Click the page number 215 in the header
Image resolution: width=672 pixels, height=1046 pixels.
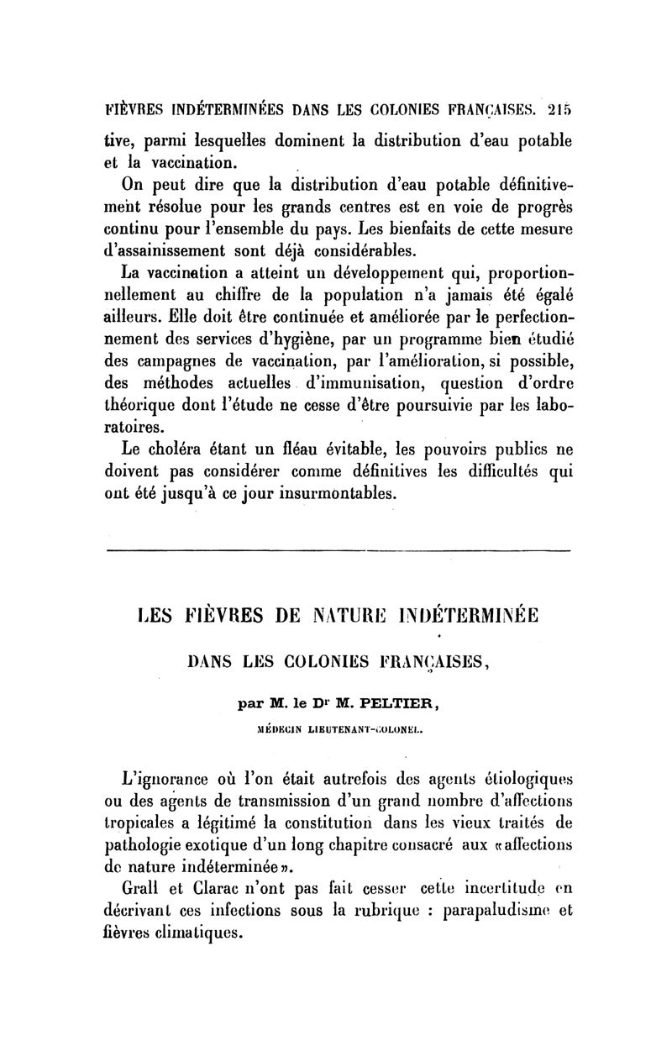pos(557,108)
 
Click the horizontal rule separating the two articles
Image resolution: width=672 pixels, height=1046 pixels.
pos(336,550)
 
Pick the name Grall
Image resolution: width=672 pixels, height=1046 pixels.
pos(142,887)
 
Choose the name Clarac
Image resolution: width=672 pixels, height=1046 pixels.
pos(220,887)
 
